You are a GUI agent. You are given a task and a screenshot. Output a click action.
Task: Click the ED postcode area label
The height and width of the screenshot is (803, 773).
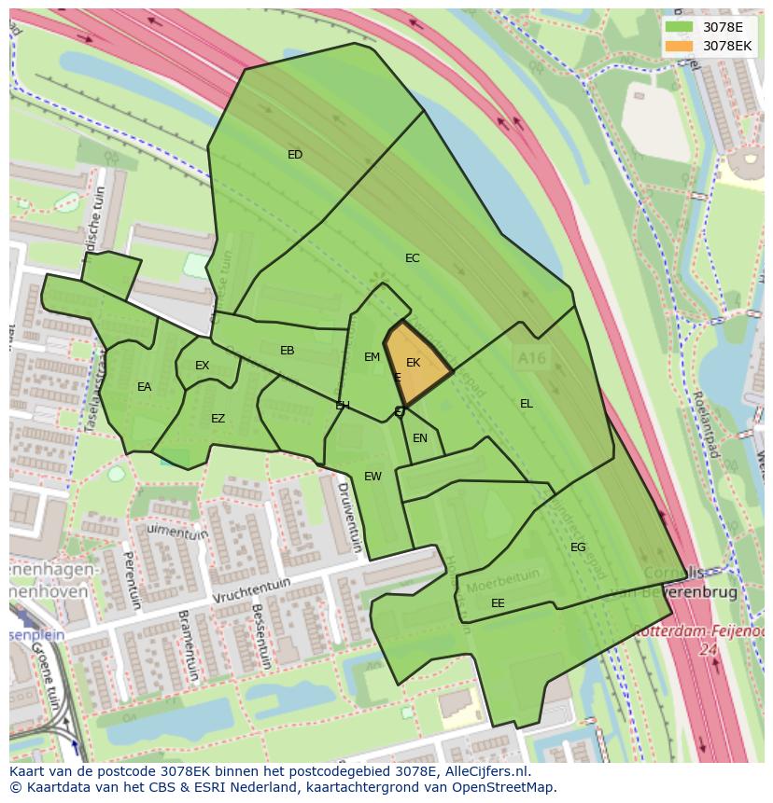(x=295, y=155)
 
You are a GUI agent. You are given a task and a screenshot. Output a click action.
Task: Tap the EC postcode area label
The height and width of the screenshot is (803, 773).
(x=412, y=258)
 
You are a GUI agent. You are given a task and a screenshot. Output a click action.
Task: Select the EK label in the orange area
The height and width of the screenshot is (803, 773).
(x=413, y=363)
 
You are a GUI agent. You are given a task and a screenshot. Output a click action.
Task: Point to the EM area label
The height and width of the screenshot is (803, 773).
(x=372, y=357)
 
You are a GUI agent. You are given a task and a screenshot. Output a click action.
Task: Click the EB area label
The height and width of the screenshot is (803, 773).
(x=288, y=351)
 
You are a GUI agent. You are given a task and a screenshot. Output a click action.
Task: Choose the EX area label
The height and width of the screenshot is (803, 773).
(x=202, y=366)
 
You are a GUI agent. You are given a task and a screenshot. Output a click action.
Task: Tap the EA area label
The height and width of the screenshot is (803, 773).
(x=144, y=387)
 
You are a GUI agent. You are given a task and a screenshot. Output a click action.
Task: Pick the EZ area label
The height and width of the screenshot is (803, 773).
(x=218, y=419)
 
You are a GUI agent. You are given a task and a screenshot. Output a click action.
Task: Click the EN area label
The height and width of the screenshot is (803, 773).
(x=420, y=438)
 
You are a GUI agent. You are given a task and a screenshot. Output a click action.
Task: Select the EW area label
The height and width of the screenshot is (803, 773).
(x=372, y=477)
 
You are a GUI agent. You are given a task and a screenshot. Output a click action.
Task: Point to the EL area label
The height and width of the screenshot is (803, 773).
(x=527, y=404)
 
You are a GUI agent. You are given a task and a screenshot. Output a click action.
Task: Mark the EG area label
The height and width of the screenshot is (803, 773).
(x=578, y=547)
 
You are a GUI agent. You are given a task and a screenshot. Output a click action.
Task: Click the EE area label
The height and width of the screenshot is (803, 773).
(x=498, y=603)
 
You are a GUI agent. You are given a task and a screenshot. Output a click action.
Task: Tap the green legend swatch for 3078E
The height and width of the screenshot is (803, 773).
(x=679, y=27)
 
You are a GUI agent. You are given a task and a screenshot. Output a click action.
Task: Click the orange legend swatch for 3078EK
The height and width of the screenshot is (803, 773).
(x=679, y=45)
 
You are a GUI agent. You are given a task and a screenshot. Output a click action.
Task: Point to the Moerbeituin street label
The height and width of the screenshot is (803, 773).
(x=492, y=586)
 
